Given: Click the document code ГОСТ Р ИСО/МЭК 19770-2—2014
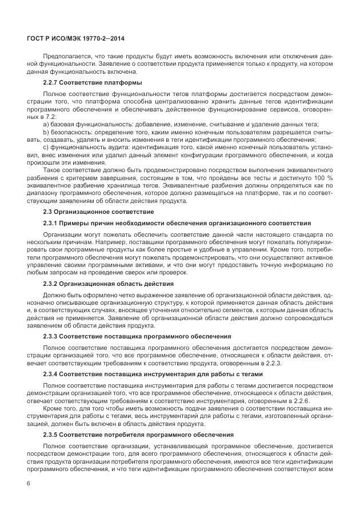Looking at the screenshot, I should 75,38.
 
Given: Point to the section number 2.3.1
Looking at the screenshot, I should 50,222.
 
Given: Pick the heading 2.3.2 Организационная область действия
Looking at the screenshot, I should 109,284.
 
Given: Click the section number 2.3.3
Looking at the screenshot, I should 50,336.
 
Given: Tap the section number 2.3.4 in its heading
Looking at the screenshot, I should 50,373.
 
